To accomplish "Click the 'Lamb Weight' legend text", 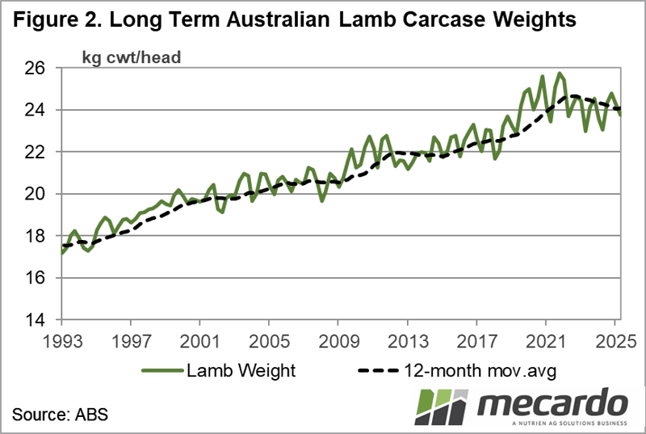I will point(241,370).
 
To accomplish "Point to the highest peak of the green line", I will point(560,73).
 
